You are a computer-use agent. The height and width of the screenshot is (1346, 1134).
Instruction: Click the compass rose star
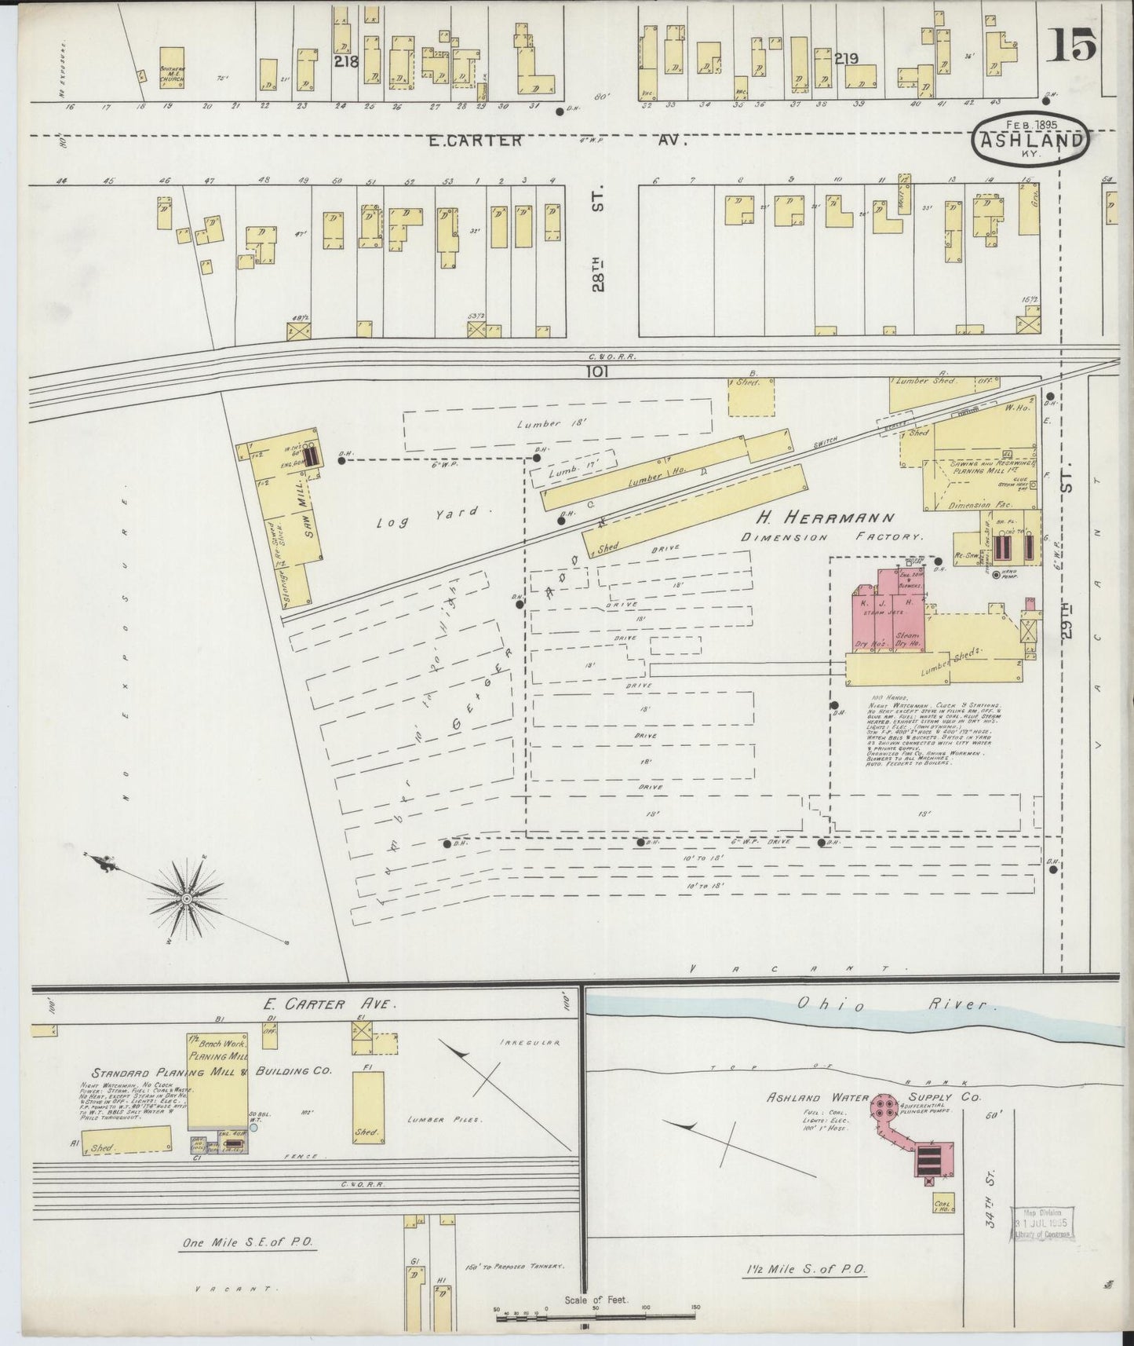point(188,897)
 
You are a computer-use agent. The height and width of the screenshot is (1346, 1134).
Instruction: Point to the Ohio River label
point(895,1005)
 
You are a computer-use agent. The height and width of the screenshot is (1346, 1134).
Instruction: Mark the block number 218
point(345,61)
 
